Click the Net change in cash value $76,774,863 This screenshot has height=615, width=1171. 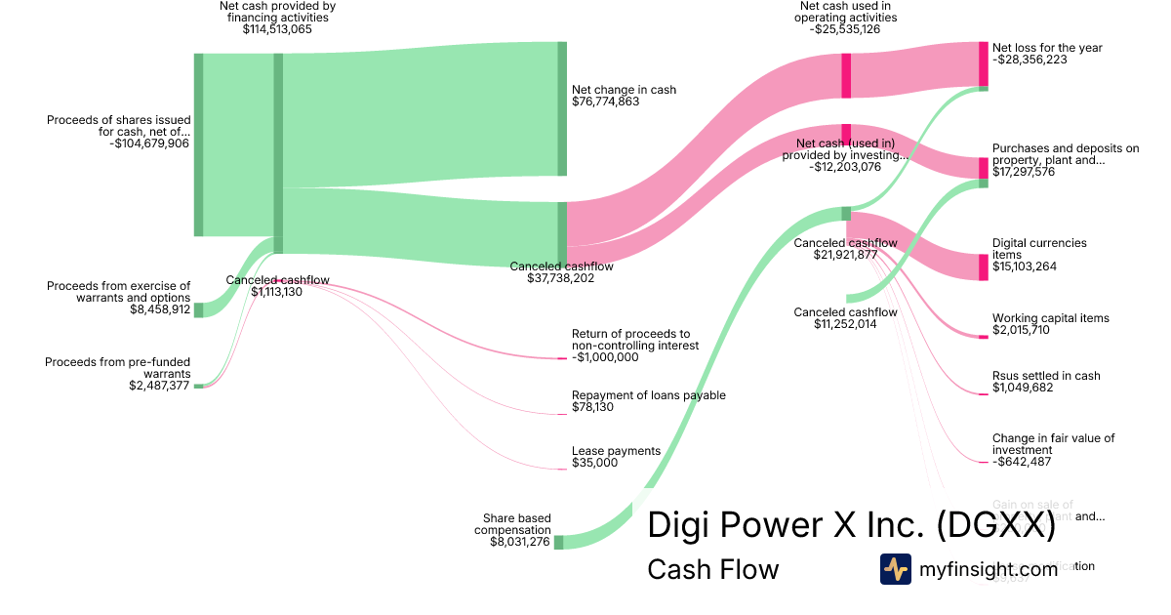(x=605, y=102)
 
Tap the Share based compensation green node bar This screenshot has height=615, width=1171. (x=558, y=542)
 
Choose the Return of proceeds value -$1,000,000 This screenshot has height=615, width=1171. (x=605, y=357)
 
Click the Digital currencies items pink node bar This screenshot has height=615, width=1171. (x=983, y=267)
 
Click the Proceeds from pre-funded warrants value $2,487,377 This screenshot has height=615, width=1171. (x=159, y=386)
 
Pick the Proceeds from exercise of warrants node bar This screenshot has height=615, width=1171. (x=198, y=309)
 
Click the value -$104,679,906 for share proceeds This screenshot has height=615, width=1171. (x=149, y=143)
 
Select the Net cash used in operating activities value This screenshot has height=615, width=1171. (x=844, y=29)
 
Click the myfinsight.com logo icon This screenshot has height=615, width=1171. (x=895, y=569)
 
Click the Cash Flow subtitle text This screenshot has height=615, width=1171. (x=712, y=569)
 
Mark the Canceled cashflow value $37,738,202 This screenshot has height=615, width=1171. (x=561, y=278)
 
